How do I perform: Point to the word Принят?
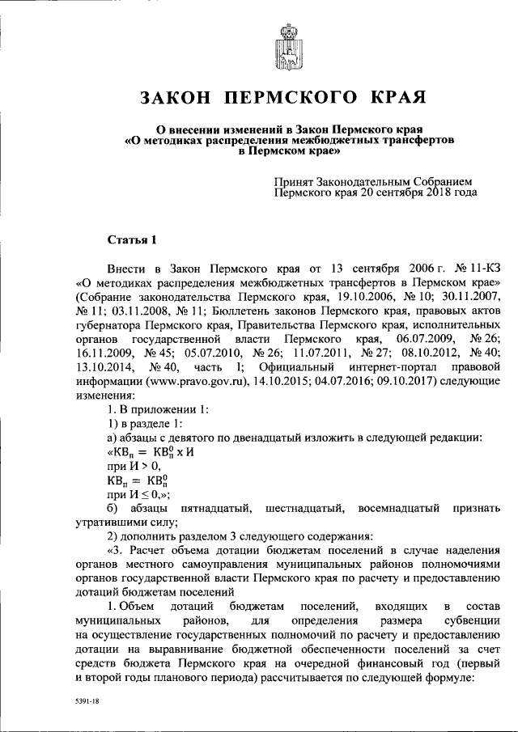tap(296, 180)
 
